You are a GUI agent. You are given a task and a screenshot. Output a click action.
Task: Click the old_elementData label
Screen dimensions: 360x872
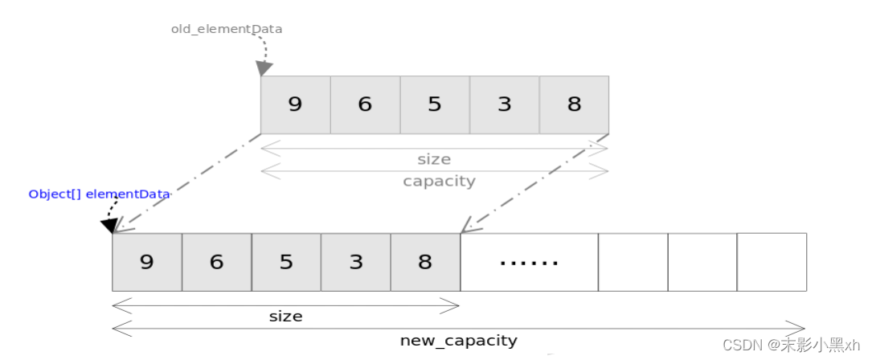coord(227,29)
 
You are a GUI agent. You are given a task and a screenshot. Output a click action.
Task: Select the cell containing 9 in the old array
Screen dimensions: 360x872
coord(295,104)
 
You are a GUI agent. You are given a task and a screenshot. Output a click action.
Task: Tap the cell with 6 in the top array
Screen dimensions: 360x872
coord(365,104)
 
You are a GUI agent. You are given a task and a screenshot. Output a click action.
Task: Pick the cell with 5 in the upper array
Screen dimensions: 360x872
coord(435,104)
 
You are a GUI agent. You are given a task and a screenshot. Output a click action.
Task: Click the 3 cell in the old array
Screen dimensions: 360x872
coord(504,104)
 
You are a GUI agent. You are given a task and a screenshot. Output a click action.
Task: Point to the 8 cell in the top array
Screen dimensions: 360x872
coord(574,104)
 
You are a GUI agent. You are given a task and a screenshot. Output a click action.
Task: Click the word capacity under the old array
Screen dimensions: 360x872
coord(439,181)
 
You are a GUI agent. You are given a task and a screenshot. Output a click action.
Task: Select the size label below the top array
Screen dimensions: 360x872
coord(434,159)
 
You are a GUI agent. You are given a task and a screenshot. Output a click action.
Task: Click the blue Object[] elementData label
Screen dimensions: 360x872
coord(99,194)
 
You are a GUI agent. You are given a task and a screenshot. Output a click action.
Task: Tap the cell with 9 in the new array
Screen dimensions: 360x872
coord(147,262)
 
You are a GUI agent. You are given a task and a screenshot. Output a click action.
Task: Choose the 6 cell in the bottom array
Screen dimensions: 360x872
coord(216,262)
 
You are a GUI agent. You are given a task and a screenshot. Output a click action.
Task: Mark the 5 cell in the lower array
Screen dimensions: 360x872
coord(286,262)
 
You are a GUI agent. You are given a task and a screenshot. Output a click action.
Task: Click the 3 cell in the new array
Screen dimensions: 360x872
coord(356,262)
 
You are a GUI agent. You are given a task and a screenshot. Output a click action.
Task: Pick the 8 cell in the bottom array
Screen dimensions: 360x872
coord(425,262)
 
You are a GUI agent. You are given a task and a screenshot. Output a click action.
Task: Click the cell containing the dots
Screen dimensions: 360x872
coord(529,262)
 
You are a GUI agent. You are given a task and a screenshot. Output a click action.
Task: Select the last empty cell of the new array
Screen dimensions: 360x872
coord(772,262)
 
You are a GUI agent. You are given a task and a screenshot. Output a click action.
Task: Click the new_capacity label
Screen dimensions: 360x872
coord(458,341)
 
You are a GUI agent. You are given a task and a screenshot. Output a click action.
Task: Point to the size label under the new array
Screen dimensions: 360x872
coord(285,317)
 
